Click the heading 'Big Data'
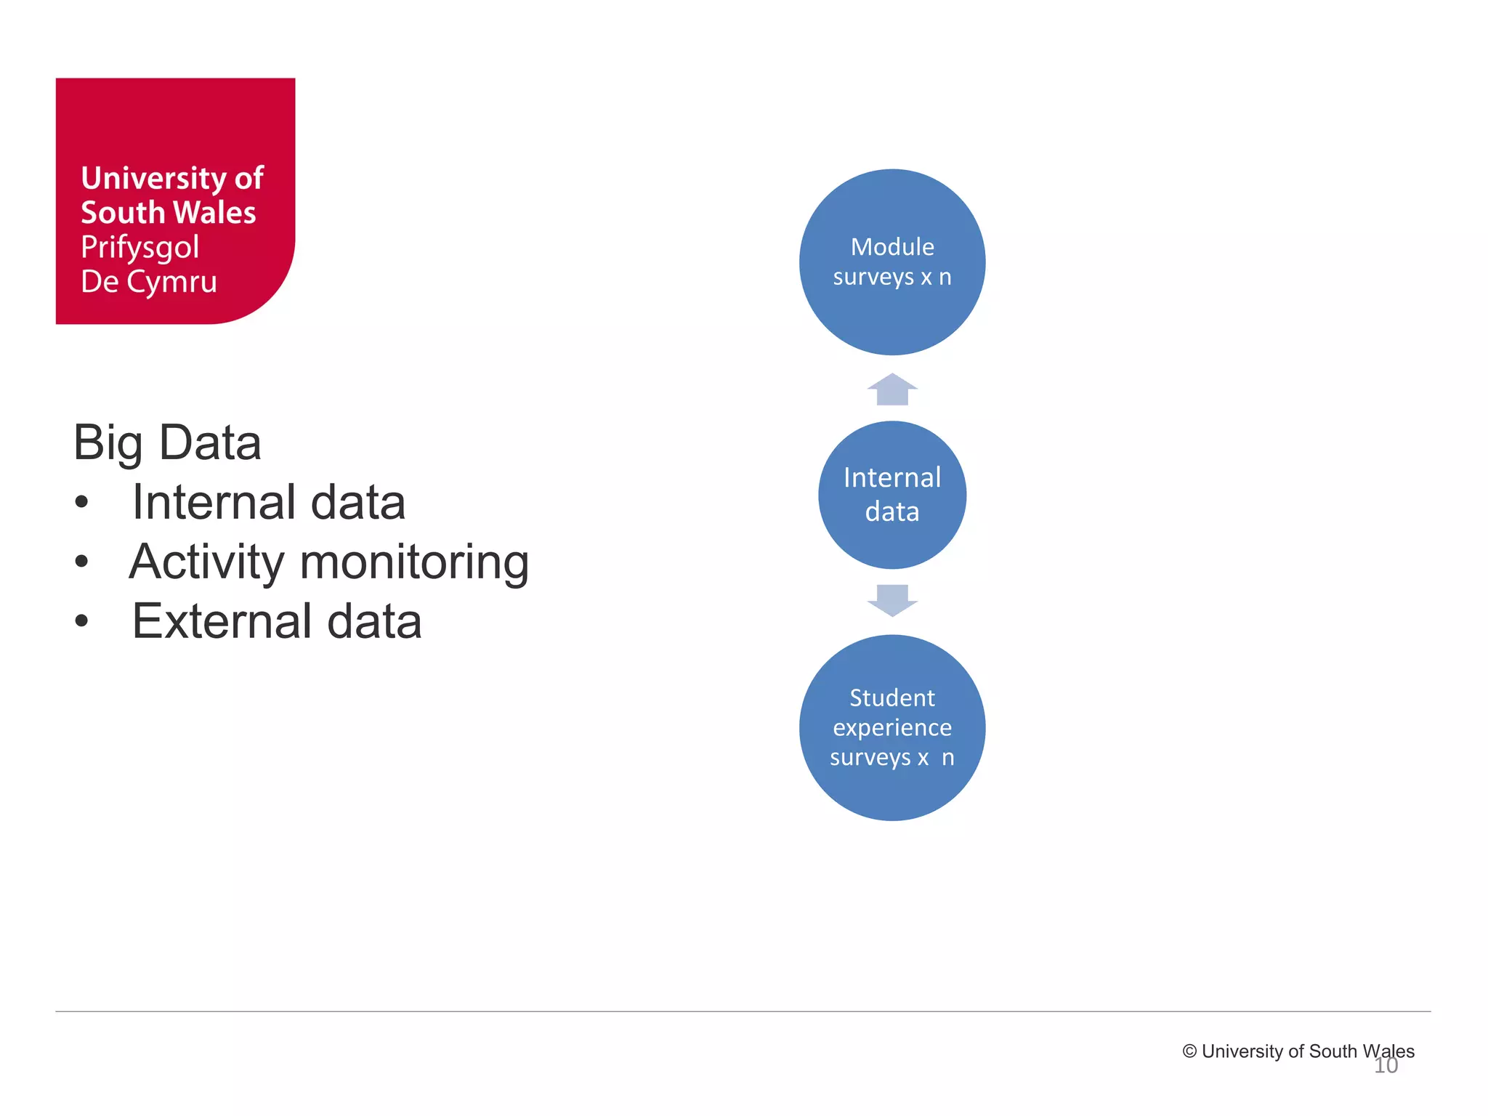[167, 442]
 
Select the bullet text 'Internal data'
[268, 502]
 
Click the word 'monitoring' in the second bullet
[414, 563]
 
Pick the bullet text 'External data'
[276, 622]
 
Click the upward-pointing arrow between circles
[892, 389]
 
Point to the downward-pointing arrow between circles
[892, 600]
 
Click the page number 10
[1386, 1066]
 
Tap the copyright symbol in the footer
[1189, 1051]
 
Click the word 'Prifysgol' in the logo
[139, 248]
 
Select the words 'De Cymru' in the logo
[149, 282]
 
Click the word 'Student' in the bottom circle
[892, 698]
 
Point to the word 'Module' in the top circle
[892, 247]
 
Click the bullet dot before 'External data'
[81, 621]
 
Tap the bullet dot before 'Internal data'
[81, 502]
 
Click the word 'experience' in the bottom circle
[892, 727]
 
